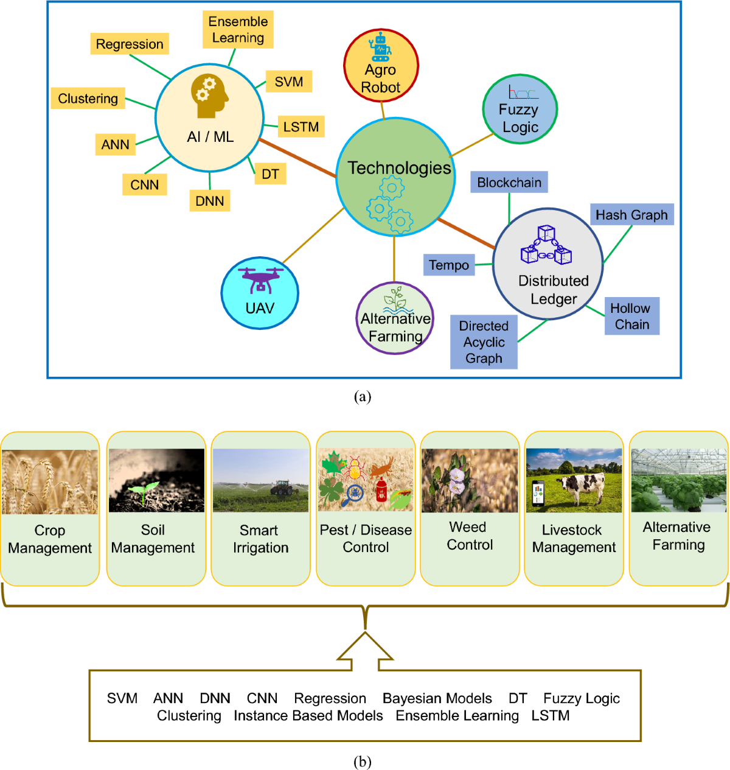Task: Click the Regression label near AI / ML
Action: click(x=130, y=44)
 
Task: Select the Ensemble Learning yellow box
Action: click(x=238, y=30)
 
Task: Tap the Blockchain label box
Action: click(x=509, y=183)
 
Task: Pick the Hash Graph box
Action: click(x=631, y=215)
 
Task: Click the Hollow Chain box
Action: click(x=631, y=317)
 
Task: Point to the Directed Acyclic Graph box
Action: click(x=484, y=342)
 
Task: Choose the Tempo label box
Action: click(x=449, y=265)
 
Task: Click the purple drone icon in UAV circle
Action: click(x=260, y=279)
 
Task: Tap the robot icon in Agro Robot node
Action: click(x=381, y=46)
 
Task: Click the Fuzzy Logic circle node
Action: click(x=520, y=110)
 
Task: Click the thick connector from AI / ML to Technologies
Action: click(x=297, y=158)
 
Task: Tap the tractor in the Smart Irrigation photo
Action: click(x=281, y=488)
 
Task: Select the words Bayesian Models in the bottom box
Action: click(x=437, y=698)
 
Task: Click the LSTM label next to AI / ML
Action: click(x=301, y=127)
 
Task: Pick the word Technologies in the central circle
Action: click(x=399, y=168)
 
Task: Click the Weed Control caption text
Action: click(x=470, y=536)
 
